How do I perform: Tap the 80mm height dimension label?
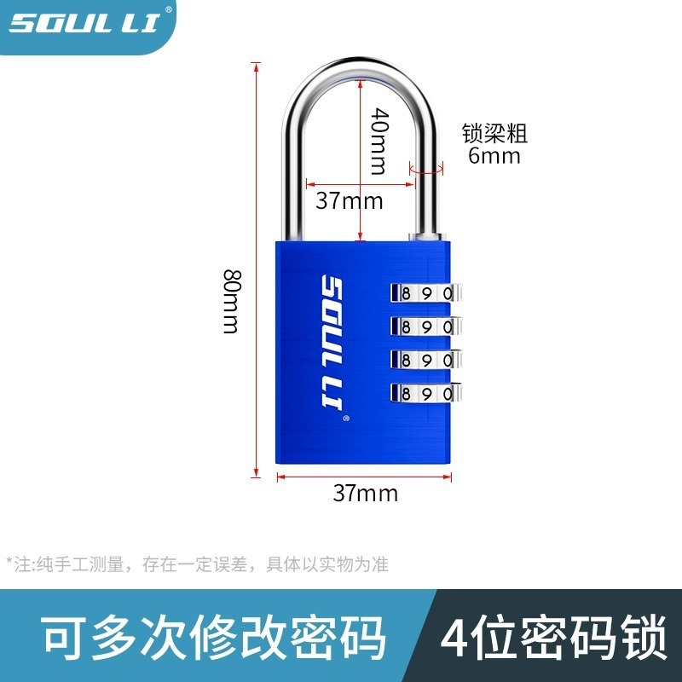231,301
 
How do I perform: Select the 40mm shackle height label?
379,142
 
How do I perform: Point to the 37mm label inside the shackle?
349,201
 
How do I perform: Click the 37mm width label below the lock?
365,493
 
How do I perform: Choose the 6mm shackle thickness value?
494,156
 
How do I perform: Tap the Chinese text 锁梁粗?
494,134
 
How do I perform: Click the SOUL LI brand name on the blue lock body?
332,349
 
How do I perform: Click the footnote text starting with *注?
197,564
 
